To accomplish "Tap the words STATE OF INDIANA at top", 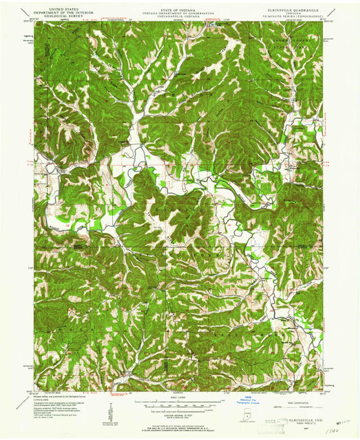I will coord(180,3).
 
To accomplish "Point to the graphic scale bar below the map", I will coord(180,404).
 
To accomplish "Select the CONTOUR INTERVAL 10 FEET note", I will coord(180,413).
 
